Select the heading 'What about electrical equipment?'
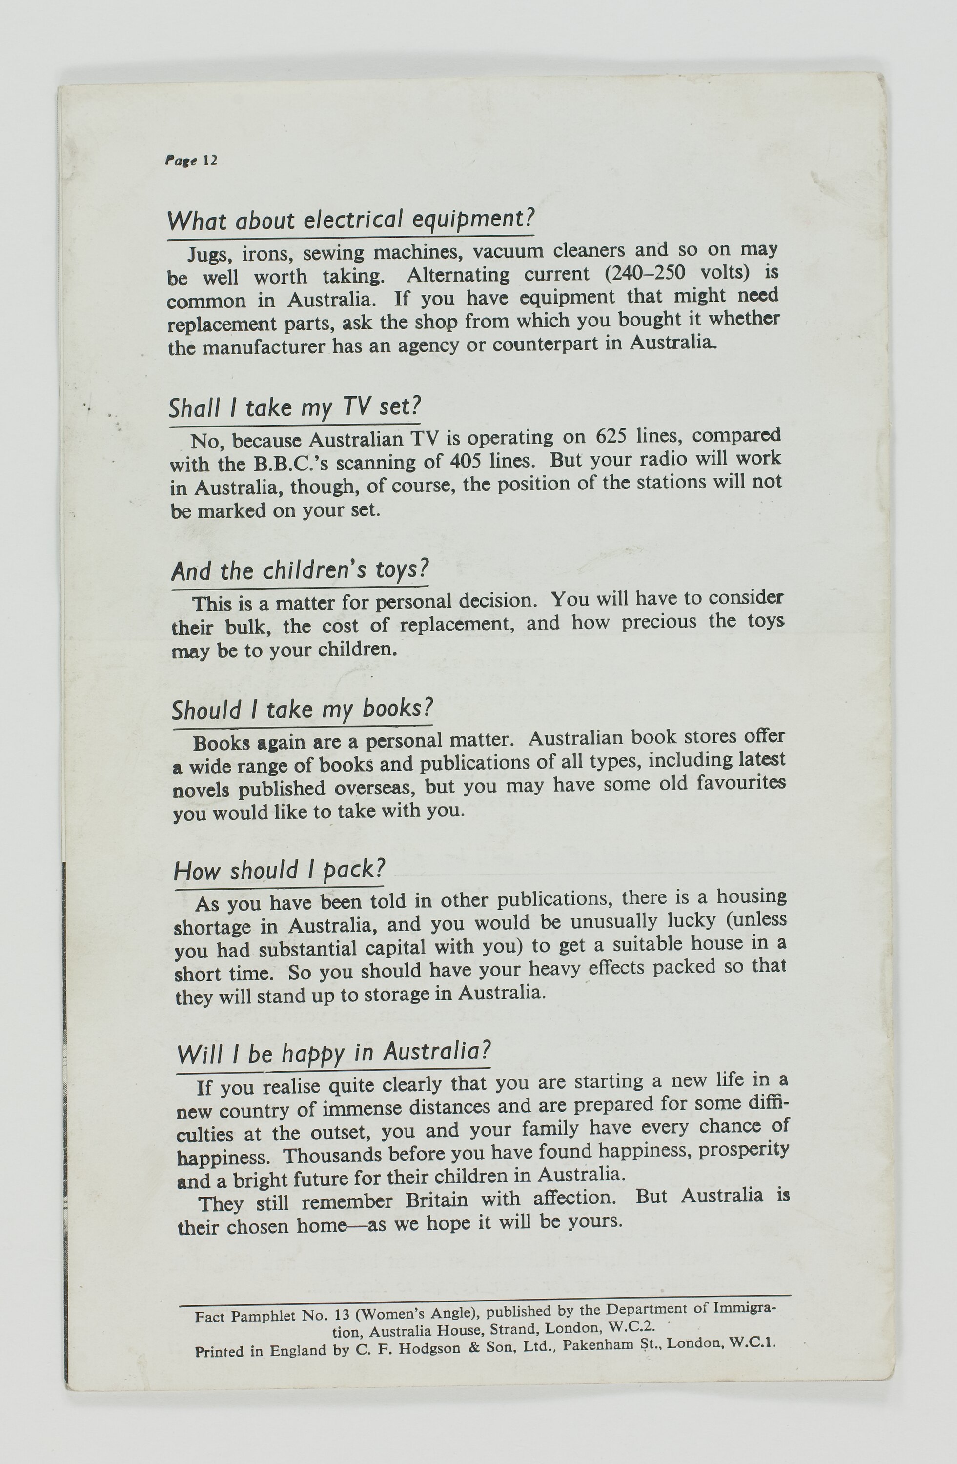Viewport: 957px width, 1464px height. [350, 220]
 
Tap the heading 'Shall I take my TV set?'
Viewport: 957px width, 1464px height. [295, 407]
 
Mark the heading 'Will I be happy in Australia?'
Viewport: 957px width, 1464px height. [333, 1053]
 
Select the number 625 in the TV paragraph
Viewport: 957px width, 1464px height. [611, 436]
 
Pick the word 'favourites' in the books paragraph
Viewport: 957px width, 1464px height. [740, 784]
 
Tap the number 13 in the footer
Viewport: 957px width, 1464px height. [342, 1316]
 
